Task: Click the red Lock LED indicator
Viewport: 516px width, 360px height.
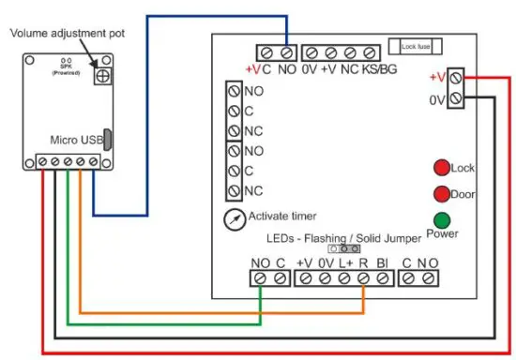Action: pos(440,168)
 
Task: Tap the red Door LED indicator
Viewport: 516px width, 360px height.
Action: pos(440,194)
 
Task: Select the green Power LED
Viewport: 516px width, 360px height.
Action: pos(440,221)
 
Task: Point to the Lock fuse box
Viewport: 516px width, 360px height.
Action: pos(414,46)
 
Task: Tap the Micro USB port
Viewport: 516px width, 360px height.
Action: pos(109,141)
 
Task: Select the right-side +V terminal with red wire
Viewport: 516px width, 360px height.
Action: pos(456,79)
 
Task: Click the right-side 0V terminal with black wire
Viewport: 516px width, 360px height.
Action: pos(456,98)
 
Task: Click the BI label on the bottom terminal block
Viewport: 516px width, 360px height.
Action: pos(382,263)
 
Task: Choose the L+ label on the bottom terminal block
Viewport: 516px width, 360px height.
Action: pos(343,263)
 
